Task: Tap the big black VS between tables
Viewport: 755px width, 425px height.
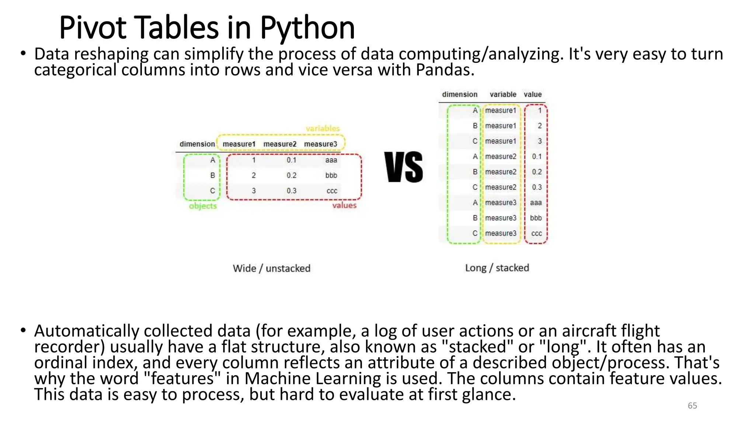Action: point(404,167)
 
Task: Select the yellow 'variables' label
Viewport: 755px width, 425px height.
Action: point(323,129)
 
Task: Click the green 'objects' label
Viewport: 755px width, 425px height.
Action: point(203,206)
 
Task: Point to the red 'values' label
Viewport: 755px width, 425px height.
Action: point(344,205)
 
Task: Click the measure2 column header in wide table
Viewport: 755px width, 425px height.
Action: point(280,144)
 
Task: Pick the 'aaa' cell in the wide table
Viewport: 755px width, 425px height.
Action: point(331,160)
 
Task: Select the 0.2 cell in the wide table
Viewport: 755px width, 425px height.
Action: point(291,175)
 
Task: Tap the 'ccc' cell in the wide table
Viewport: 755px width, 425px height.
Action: point(332,191)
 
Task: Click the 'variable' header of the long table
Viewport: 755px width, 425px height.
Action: point(503,94)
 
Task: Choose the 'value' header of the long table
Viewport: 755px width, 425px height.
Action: point(533,94)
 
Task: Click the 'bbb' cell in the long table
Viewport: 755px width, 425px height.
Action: point(536,218)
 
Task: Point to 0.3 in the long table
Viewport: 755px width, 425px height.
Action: point(537,187)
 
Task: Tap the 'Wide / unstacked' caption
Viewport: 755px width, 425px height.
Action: point(271,268)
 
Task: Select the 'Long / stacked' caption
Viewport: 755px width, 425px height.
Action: point(497,268)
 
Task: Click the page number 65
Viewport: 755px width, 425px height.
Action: point(692,406)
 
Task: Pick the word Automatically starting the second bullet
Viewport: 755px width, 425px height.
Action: point(87,331)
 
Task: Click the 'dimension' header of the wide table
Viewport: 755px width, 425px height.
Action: point(197,144)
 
